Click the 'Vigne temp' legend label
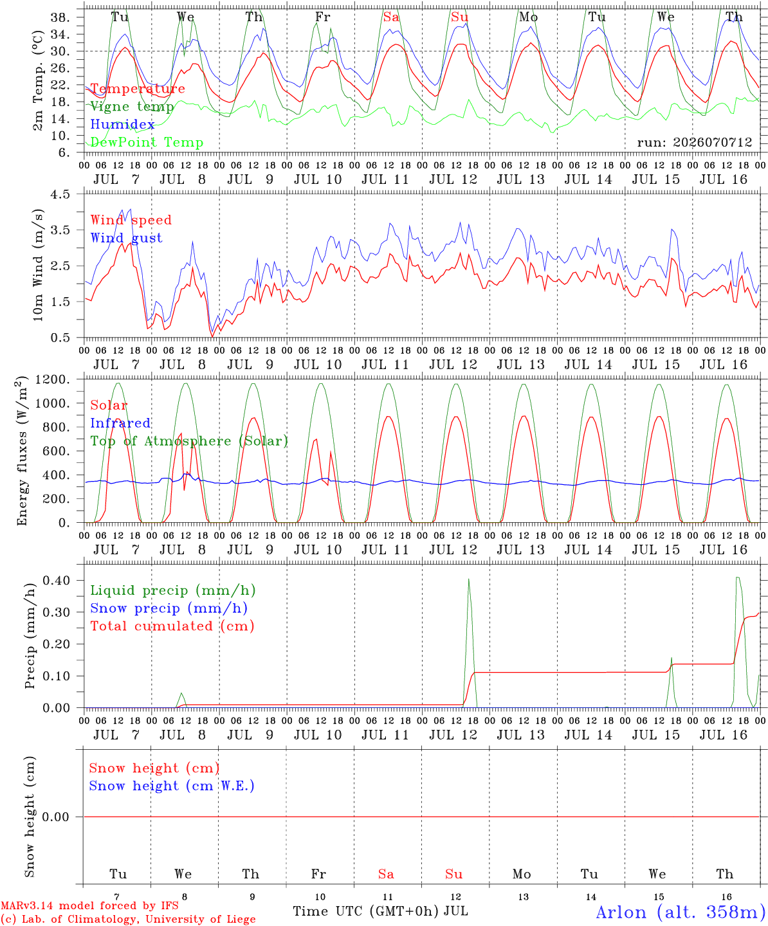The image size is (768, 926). point(132,107)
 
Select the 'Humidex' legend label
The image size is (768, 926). point(122,124)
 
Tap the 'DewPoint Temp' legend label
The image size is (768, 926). point(147,142)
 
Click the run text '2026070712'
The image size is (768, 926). point(712,142)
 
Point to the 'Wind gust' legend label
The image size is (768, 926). point(127,238)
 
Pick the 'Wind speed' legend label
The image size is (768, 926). point(131,220)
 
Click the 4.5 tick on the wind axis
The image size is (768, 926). point(60,194)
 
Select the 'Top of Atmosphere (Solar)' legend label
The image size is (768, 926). point(190,441)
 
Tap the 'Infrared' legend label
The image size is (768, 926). point(120,423)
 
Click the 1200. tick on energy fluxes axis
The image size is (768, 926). point(53,379)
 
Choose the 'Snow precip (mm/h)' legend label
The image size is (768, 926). point(169,608)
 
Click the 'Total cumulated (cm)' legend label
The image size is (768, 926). point(172,626)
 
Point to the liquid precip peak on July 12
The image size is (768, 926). point(468,579)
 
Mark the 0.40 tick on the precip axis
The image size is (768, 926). point(57,581)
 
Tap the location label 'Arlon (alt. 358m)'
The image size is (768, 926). point(677,912)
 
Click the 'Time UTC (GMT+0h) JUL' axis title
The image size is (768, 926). point(381,911)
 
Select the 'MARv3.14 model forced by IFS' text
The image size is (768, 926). point(89,905)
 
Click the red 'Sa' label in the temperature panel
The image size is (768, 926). point(391,17)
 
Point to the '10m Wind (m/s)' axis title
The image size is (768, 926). point(38,265)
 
